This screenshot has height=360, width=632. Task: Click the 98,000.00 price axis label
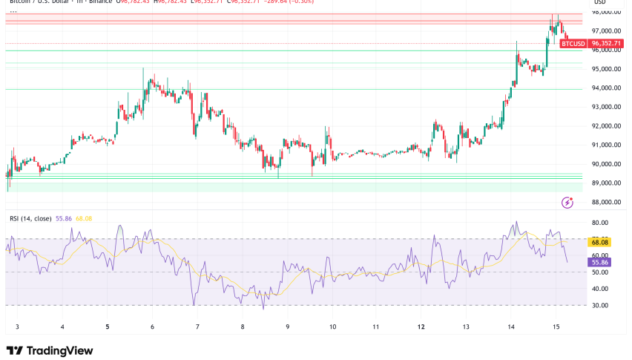pos(605,12)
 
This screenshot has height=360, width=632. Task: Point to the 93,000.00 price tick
pos(605,107)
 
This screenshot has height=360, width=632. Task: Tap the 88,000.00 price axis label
pos(605,202)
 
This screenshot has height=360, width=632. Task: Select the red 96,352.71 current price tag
pos(605,44)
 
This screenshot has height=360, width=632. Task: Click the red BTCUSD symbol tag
pos(573,44)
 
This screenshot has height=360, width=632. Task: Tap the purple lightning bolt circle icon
pos(568,202)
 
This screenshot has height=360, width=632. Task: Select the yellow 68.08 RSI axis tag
pos(600,241)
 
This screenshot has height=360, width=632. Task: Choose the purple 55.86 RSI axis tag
pos(600,262)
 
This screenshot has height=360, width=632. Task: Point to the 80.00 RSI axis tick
pos(600,223)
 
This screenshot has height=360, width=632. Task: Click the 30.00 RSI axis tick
pos(600,305)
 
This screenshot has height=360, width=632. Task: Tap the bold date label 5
pos(108,327)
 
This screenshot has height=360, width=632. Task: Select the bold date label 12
pos(421,327)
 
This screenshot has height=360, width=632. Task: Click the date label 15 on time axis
pos(556,327)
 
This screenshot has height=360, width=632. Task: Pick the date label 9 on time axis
pos(287,327)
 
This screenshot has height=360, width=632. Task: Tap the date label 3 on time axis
pos(17,327)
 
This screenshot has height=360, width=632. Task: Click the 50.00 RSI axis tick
pos(600,272)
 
